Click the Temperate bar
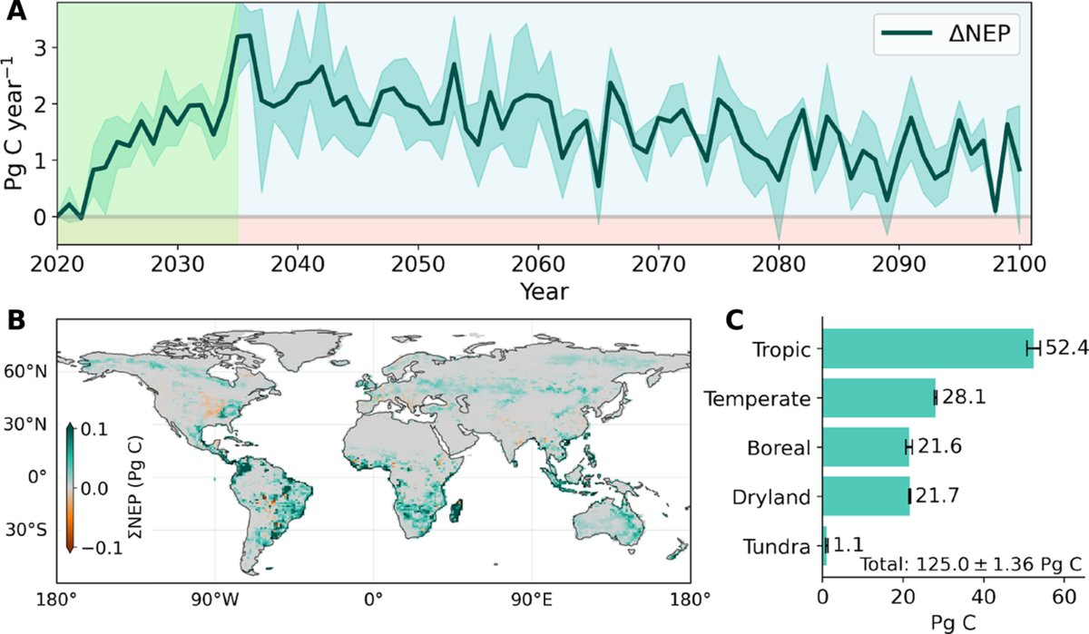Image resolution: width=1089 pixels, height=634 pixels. [878, 398]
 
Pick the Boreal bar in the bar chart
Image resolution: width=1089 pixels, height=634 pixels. [866, 447]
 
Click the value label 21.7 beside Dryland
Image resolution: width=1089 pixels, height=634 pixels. [932, 497]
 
